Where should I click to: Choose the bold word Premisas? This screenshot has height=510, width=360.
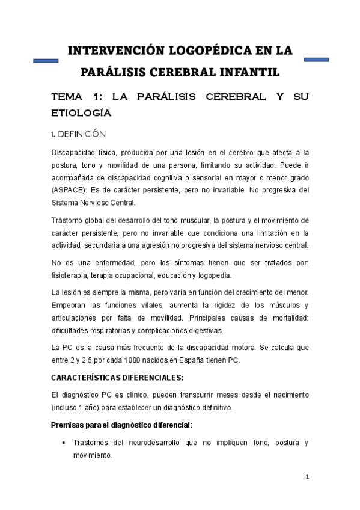70,425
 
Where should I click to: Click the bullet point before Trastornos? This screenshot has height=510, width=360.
64,443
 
